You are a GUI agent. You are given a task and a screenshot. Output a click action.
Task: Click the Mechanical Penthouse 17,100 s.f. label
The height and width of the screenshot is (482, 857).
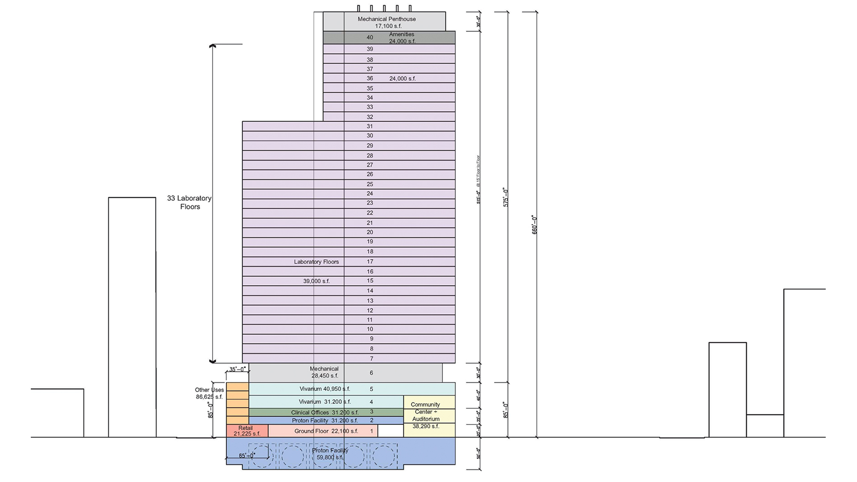[x=387, y=22]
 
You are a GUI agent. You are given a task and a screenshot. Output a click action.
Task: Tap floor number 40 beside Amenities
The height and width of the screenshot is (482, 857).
[x=370, y=37]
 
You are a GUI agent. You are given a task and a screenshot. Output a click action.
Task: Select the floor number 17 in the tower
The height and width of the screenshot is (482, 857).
[x=370, y=262]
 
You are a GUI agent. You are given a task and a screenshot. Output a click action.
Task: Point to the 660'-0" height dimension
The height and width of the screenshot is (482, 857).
[x=535, y=224]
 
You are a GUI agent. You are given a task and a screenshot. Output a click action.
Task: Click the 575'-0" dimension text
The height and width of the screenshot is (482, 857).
[x=506, y=197]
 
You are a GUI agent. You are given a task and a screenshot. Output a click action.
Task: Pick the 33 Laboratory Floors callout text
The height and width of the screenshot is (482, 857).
[x=189, y=202]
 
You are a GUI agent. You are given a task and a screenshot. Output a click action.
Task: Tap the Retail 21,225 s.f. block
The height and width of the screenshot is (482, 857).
[x=246, y=431]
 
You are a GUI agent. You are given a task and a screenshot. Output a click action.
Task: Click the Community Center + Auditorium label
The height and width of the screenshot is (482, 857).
[x=425, y=415]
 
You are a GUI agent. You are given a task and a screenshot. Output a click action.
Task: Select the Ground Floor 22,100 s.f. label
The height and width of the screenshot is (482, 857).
[x=326, y=431]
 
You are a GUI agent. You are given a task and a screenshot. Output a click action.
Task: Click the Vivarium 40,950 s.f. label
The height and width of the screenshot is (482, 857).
[x=324, y=389]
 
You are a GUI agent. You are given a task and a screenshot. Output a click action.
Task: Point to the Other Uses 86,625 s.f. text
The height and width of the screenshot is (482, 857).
[x=209, y=393]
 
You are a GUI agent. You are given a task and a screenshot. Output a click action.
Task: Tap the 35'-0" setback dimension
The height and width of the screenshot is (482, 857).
[x=237, y=370]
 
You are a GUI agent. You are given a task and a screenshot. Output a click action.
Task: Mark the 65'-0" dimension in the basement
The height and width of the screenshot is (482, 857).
[x=247, y=456]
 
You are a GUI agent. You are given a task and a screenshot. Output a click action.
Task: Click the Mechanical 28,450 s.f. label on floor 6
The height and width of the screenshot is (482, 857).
[x=324, y=372]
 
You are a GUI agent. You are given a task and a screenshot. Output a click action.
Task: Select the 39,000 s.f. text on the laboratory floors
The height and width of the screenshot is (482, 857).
[x=316, y=281]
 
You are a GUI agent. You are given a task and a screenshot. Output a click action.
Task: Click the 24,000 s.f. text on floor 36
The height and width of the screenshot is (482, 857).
[x=402, y=79]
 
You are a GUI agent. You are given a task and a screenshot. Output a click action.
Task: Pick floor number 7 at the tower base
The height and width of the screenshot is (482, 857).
[x=371, y=358]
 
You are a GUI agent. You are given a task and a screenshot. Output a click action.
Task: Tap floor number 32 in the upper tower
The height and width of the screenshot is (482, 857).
[x=370, y=117]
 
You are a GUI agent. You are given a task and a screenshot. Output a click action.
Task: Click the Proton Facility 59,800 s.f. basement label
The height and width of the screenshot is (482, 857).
[x=330, y=454]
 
